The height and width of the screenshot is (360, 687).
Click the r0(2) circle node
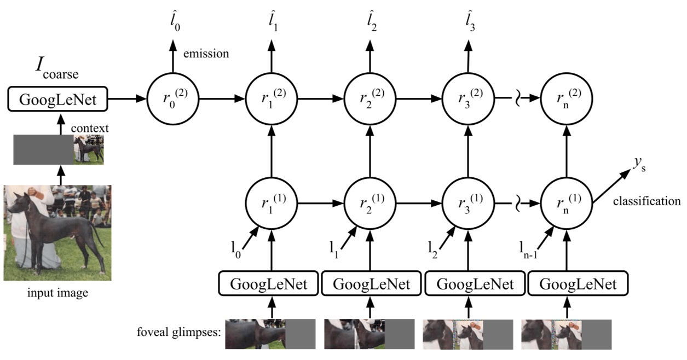click(173, 100)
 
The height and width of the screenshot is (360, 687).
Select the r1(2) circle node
click(271, 100)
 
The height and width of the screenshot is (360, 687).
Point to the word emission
click(205, 54)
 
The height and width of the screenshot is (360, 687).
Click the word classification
click(646, 202)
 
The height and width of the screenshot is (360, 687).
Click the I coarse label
click(54, 70)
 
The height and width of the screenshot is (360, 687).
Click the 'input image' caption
click(57, 294)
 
